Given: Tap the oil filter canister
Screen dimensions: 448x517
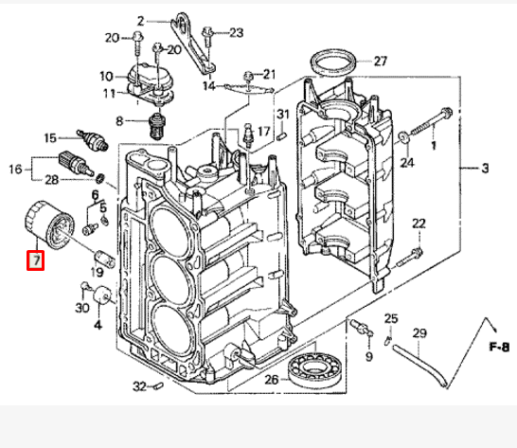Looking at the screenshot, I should point(47,225).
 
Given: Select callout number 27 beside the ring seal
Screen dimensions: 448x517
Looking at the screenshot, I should point(381,62).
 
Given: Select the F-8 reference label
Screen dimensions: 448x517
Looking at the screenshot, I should point(500,347).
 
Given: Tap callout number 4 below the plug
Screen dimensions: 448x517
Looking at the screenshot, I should point(97,325).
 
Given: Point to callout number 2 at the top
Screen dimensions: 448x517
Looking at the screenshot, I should point(140,20).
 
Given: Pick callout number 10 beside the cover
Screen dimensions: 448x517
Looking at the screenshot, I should point(106,74).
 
